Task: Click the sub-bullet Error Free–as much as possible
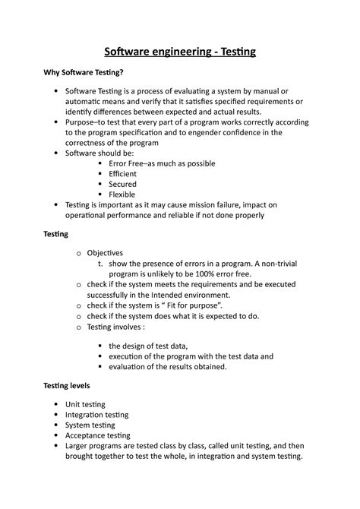pyautogui.click(x=162, y=163)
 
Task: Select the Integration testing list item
pyautogui.click(x=96, y=415)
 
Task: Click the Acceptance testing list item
pyautogui.click(x=98, y=435)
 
